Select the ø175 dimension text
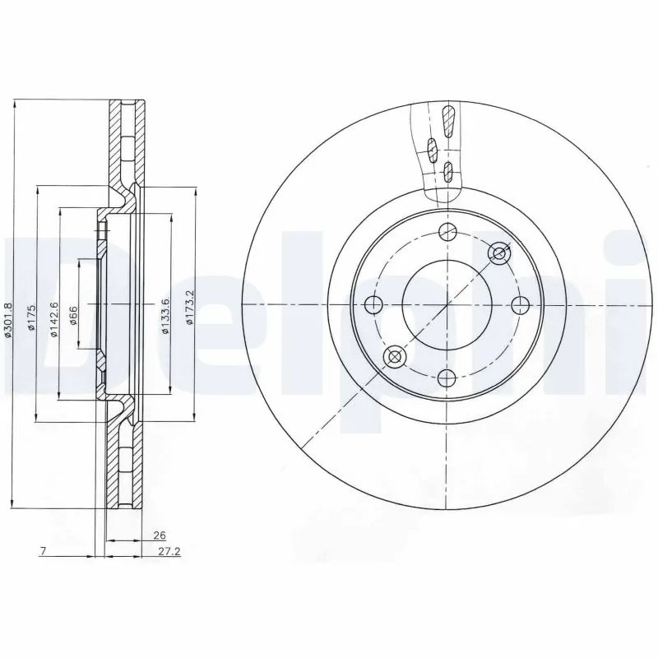click(x=30, y=318)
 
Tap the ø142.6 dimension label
click(x=53, y=317)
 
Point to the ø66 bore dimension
click(x=73, y=314)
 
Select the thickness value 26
click(x=149, y=535)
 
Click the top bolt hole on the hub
click(x=447, y=231)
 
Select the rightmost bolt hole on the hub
click(x=519, y=305)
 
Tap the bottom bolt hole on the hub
click(x=447, y=378)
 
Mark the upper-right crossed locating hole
click(x=498, y=253)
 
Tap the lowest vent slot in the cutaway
click(x=447, y=171)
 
